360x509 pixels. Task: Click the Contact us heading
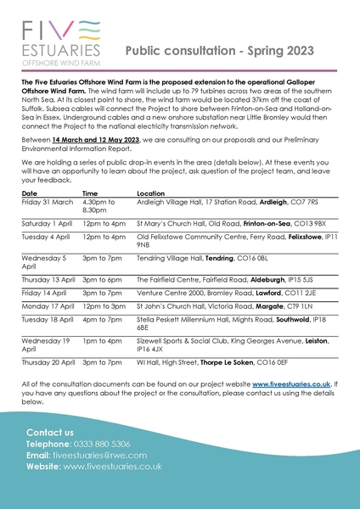[x=50, y=432]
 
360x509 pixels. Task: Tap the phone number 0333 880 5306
[x=102, y=444]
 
